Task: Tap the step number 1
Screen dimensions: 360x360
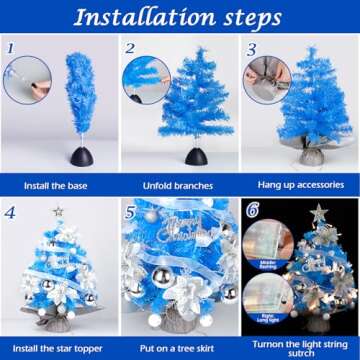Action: [x=9, y=46]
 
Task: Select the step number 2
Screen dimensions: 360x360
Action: [x=130, y=47]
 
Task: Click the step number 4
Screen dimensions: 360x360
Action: [x=10, y=211]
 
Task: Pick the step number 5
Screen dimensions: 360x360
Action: [x=130, y=212]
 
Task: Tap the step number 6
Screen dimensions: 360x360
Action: [x=252, y=211]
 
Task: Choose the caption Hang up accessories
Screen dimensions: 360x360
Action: [x=300, y=185]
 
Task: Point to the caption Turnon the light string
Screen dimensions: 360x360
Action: [x=300, y=343]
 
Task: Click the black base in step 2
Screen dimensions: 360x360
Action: [x=197, y=157]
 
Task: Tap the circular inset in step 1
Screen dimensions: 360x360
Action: [x=26, y=78]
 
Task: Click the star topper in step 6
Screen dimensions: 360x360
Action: [x=319, y=212]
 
